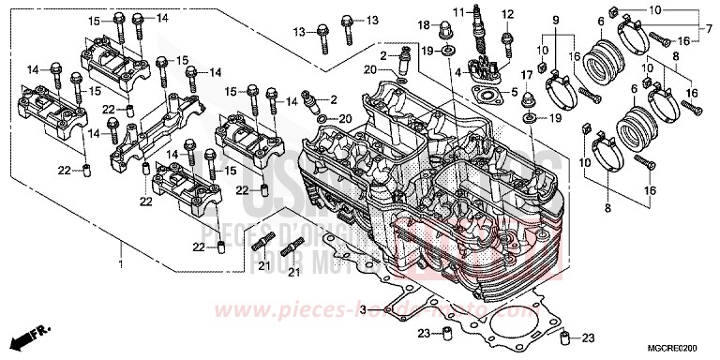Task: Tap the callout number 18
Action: click(423, 24)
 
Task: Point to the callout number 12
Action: click(507, 12)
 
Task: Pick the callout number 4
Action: click(459, 70)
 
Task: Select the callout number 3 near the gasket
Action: click(361, 309)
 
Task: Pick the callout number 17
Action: click(528, 75)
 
